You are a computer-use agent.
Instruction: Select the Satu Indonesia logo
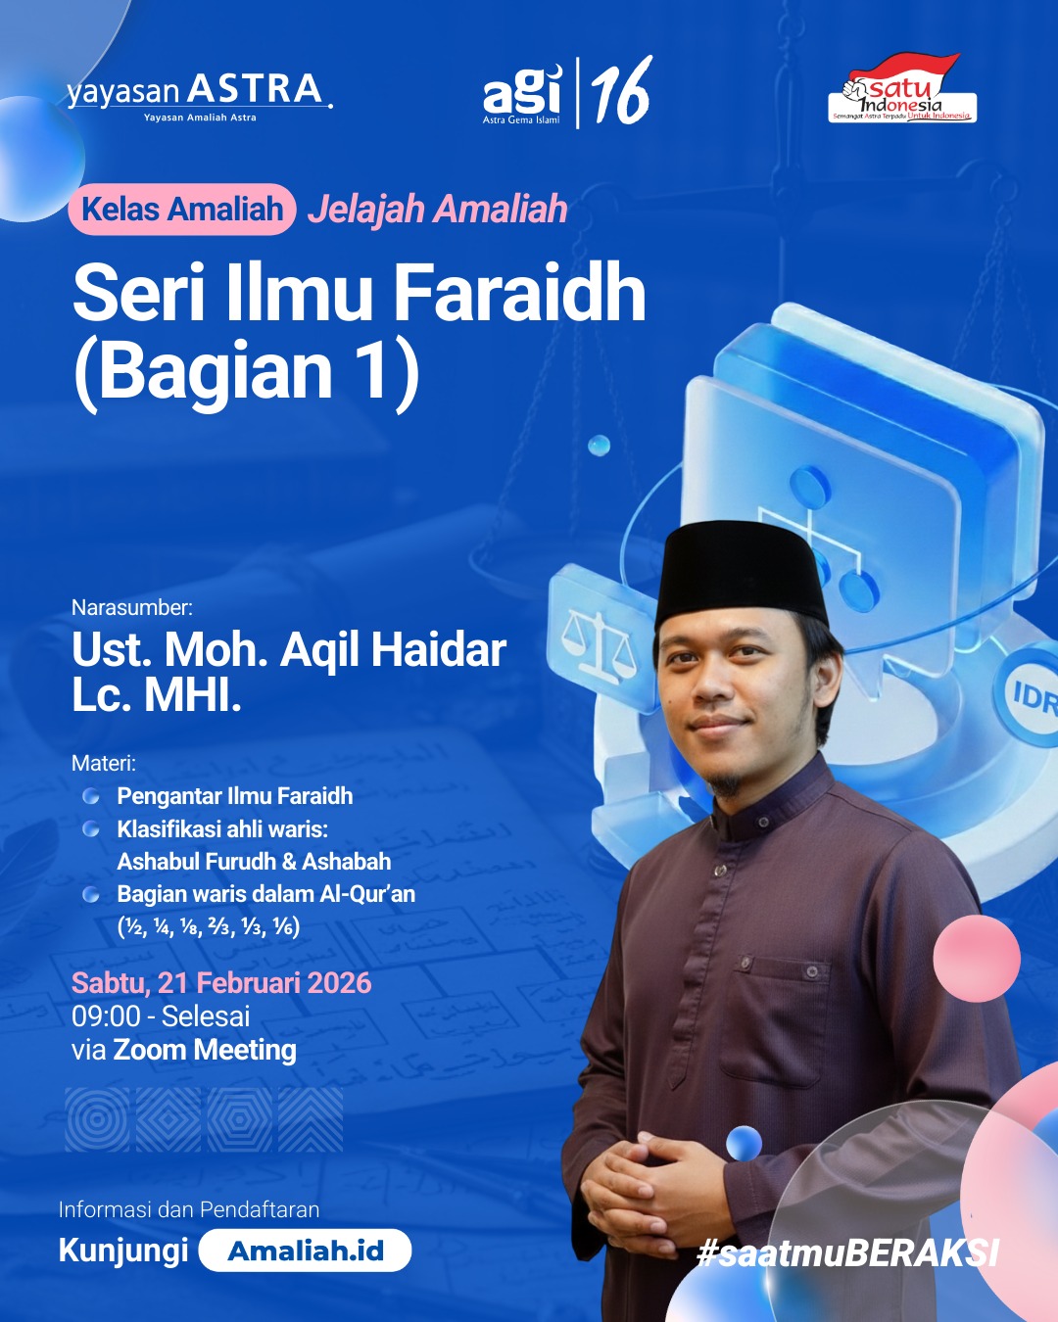click(x=902, y=90)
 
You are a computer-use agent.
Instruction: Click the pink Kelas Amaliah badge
click(x=182, y=210)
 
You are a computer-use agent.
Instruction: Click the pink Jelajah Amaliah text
click(x=438, y=210)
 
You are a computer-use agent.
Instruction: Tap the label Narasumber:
click(x=132, y=607)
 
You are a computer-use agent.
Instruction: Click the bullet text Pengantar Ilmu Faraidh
click(x=235, y=796)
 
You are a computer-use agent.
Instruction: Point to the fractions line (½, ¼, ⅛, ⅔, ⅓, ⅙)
click(x=209, y=926)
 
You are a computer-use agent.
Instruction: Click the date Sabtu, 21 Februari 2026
click(x=221, y=983)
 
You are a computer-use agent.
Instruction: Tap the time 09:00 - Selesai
click(x=161, y=1016)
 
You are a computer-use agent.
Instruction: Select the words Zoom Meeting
click(x=205, y=1050)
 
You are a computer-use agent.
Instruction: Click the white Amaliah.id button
click(x=305, y=1251)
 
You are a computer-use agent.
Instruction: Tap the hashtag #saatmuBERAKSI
click(x=847, y=1252)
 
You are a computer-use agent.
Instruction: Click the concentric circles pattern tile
click(x=97, y=1119)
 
